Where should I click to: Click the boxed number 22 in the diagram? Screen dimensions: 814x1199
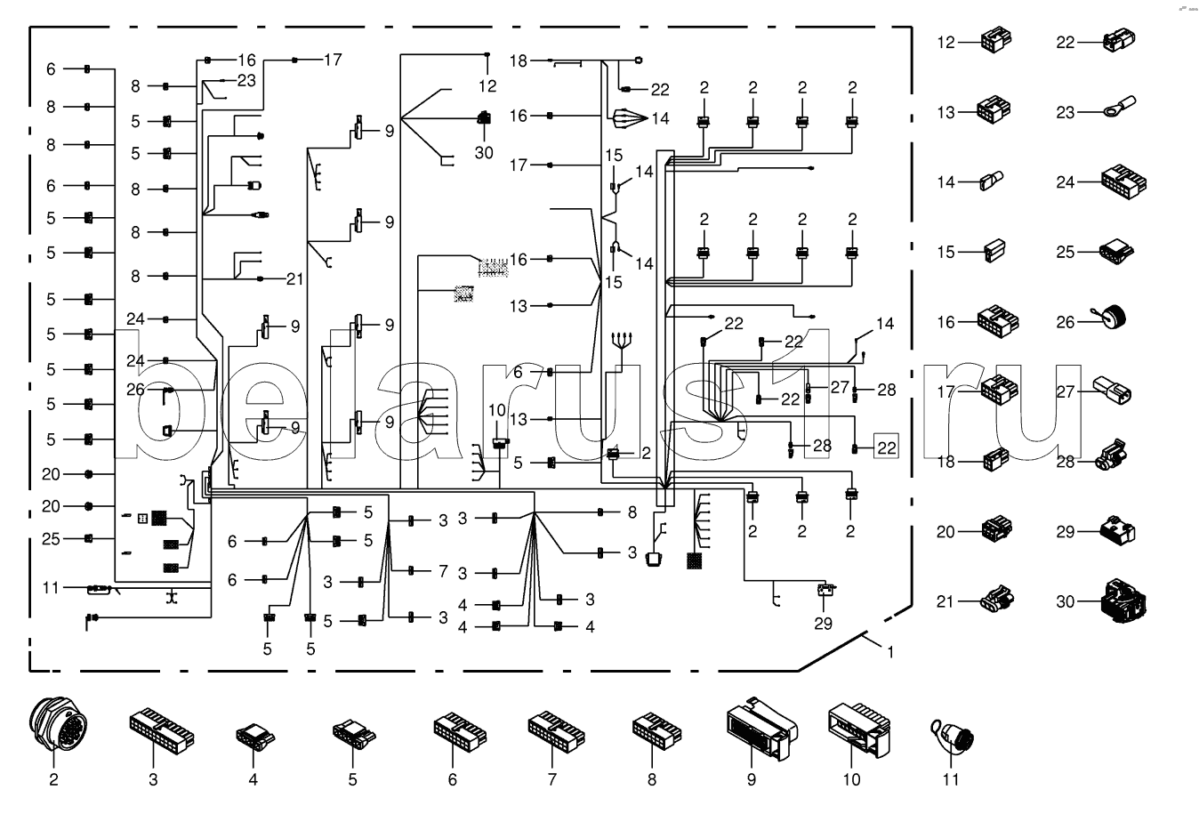pos(886,447)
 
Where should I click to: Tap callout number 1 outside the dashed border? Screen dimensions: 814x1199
pos(889,651)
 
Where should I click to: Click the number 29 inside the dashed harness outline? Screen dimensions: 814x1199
pos(824,623)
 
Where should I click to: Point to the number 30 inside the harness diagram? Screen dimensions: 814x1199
pos(483,153)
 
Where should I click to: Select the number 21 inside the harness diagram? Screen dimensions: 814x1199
pos(294,278)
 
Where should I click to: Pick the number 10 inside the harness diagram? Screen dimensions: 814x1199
pos(496,410)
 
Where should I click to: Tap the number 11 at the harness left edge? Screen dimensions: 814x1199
pos(51,587)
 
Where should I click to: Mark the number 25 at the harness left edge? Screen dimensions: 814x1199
pos(51,538)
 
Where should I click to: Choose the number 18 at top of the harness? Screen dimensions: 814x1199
pos(519,60)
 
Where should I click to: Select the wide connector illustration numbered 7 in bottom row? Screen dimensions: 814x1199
pos(555,729)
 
